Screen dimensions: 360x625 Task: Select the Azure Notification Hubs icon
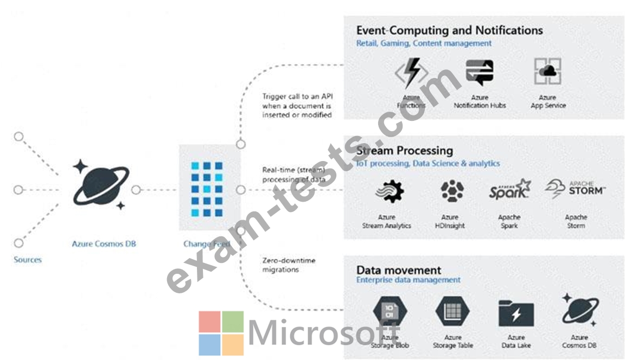pos(480,72)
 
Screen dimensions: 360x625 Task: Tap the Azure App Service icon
pos(547,72)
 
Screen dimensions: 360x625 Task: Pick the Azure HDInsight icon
pos(451,191)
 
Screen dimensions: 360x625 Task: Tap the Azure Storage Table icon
pos(452,312)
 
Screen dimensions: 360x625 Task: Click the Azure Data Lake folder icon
pos(516,313)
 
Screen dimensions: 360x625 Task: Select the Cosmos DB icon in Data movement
pos(579,312)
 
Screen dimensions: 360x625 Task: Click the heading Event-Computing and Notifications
pos(449,30)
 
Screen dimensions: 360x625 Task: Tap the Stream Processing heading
pos(404,150)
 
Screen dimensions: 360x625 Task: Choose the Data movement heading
pos(399,270)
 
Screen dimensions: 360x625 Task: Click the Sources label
pos(28,260)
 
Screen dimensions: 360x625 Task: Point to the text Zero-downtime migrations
pos(289,265)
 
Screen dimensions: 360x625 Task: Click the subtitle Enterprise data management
pos(408,280)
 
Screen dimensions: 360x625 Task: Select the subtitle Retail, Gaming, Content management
pos(424,43)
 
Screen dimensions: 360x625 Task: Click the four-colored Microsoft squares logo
pos(221,333)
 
